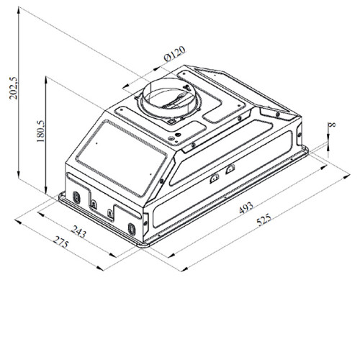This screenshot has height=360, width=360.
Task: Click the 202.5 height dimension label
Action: coord(14,88)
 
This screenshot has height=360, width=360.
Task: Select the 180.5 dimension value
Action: coord(40,131)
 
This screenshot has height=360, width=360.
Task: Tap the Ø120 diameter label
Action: coord(175,54)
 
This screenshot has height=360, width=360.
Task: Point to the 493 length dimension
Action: coord(246,207)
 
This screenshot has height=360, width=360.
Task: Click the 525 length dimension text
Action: coord(264,220)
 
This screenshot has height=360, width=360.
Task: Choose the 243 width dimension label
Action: coord(78,231)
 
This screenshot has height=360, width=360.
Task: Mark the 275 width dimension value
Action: coord(60,242)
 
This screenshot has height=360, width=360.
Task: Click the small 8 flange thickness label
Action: coord(333,125)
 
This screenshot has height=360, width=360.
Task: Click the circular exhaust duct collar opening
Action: coord(169,98)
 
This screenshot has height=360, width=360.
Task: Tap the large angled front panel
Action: coord(121,158)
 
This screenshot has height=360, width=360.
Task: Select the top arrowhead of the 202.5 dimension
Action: coord(19,10)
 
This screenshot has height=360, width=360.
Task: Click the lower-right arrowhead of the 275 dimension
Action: coord(100,268)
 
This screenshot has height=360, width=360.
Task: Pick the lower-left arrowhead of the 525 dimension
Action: coord(184,269)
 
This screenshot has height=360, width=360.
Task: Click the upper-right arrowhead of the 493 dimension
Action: coord(323,167)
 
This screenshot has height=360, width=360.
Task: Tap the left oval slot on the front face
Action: coord(76,197)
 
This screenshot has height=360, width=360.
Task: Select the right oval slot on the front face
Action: coord(132,229)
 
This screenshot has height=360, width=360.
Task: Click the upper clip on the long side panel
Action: coord(230,169)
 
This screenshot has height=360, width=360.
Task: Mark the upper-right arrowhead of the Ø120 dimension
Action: coord(157,68)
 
